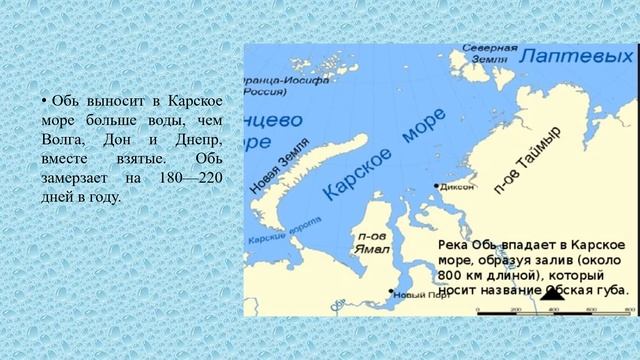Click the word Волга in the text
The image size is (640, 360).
[62, 139]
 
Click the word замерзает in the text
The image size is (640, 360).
[76, 177]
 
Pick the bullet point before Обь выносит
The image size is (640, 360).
[44, 103]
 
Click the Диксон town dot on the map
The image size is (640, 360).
[437, 186]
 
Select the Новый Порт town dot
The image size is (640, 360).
[391, 292]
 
